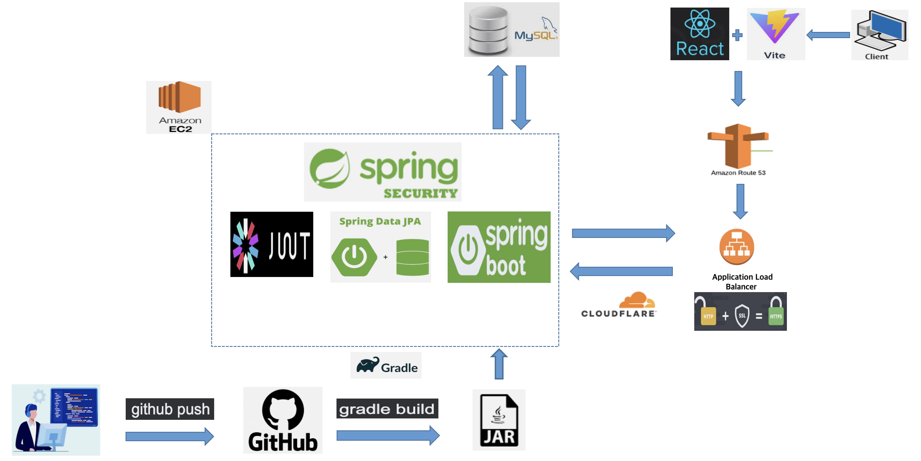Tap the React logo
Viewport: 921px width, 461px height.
(x=699, y=34)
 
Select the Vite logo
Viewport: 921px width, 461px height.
(x=775, y=34)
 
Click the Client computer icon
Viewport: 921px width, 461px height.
(x=879, y=35)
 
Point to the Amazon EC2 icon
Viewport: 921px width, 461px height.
(x=179, y=107)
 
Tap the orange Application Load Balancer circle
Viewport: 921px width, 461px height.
(x=737, y=247)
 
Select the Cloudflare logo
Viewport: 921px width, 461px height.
(x=619, y=305)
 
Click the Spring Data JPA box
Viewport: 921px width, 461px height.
(x=380, y=247)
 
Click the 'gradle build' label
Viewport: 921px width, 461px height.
(x=387, y=408)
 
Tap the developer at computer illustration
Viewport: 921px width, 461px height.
(x=56, y=420)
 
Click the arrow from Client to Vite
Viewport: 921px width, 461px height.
(x=828, y=35)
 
